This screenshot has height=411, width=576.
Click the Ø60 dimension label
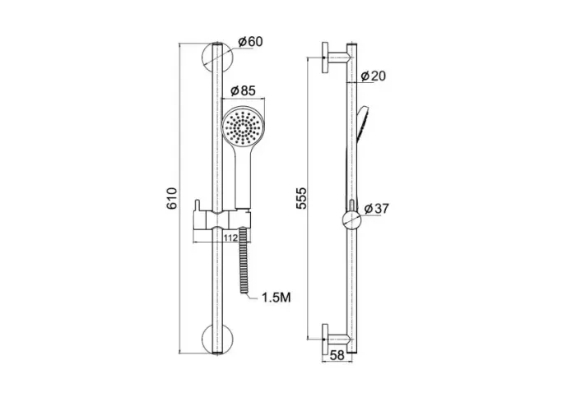250,42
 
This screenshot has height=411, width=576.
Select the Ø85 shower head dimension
243,90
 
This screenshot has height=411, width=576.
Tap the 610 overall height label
172,198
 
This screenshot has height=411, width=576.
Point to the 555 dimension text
301,198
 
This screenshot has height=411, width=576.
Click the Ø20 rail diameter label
374,76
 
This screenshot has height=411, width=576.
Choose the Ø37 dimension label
376,209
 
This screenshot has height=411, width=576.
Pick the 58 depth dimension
337,355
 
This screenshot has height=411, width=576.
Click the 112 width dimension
230,238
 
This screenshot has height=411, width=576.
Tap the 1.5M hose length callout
276,298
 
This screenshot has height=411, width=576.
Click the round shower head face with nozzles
243,127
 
